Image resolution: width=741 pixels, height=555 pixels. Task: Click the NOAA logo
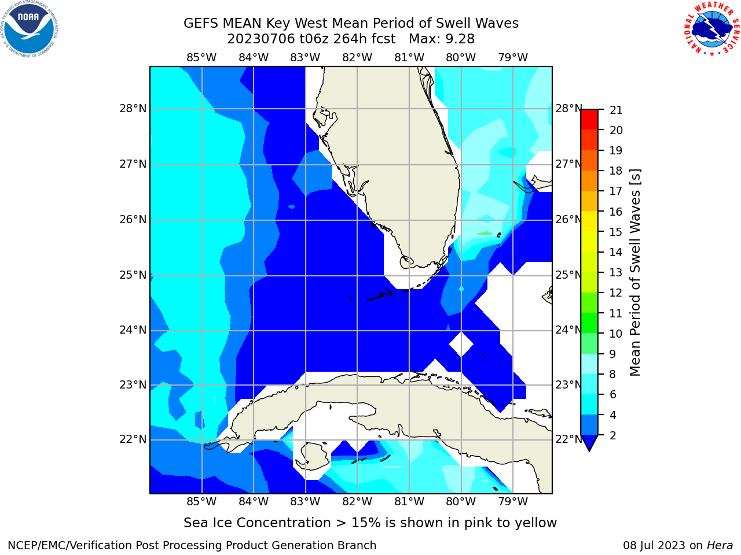[29, 29]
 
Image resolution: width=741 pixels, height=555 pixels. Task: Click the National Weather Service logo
[711, 28]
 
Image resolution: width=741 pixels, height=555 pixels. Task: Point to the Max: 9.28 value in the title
[442, 39]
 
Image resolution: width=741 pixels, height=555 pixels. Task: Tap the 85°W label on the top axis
[201, 58]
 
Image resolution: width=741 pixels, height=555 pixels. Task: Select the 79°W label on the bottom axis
[513, 502]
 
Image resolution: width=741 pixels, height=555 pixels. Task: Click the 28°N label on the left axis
[133, 109]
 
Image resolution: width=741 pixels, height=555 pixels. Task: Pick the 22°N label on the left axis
[133, 439]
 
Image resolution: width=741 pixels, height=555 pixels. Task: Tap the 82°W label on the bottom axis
[357, 502]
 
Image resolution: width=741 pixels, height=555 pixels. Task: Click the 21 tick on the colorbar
[616, 110]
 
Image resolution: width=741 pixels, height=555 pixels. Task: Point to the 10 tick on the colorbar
[616, 334]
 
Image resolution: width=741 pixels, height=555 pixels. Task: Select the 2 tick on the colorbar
[613, 436]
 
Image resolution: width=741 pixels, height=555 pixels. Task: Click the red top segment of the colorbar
[589, 120]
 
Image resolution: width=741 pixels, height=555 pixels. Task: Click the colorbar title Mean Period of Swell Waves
[635, 273]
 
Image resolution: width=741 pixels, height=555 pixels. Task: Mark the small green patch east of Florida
[485, 233]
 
